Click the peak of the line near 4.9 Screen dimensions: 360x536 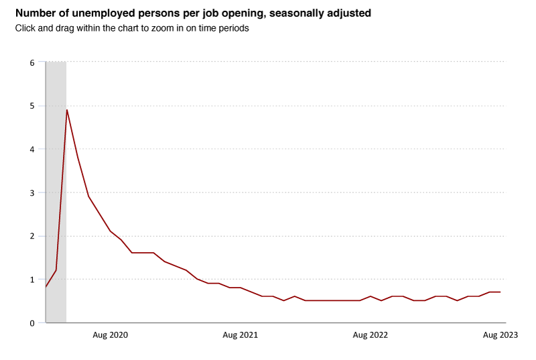pyautogui.click(x=67, y=110)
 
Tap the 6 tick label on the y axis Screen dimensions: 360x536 pyautogui.click(x=31, y=63)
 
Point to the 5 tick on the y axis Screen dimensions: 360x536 pyautogui.click(x=31, y=106)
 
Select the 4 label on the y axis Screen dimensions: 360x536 pyautogui.click(x=31, y=149)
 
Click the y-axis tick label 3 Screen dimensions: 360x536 pyautogui.click(x=31, y=193)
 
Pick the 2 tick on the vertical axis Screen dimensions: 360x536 pyautogui.click(x=31, y=236)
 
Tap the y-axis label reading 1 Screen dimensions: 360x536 pyautogui.click(x=31, y=280)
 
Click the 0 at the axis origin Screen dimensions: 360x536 pyautogui.click(x=31, y=323)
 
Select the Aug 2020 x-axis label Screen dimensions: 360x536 pyautogui.click(x=110, y=335)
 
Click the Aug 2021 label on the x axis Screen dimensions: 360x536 pyautogui.click(x=240, y=335)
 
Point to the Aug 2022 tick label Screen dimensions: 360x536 pyautogui.click(x=370, y=335)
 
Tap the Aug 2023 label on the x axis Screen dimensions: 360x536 pyautogui.click(x=500, y=335)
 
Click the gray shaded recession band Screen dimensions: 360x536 pyautogui.click(x=56, y=201)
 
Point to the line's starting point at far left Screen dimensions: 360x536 pyautogui.click(x=46, y=287)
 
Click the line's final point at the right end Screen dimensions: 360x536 pyautogui.click(x=500, y=292)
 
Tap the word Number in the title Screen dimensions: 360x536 pyautogui.click(x=33, y=13)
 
